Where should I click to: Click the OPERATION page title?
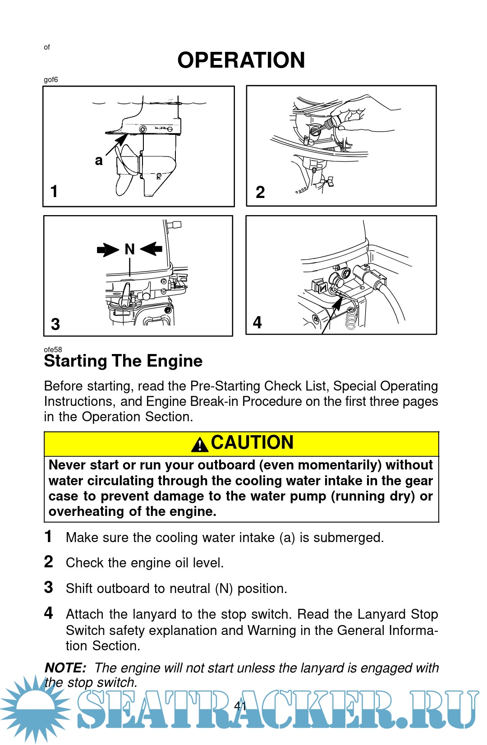click(241, 60)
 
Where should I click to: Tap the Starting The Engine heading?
click(123, 361)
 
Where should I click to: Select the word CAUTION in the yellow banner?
click(252, 442)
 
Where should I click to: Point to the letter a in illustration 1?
click(99, 161)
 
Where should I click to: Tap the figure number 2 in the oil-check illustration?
click(260, 192)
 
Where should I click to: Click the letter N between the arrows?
click(129, 249)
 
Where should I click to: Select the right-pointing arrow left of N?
click(108, 249)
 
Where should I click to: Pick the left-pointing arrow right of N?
click(152, 248)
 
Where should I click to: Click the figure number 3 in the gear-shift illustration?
click(55, 324)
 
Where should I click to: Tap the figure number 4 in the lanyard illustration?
click(257, 322)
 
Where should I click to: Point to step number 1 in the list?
click(48, 537)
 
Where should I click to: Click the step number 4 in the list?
click(49, 613)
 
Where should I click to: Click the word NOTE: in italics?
click(65, 668)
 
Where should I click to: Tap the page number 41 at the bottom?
click(240, 706)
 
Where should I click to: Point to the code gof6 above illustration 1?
click(51, 80)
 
